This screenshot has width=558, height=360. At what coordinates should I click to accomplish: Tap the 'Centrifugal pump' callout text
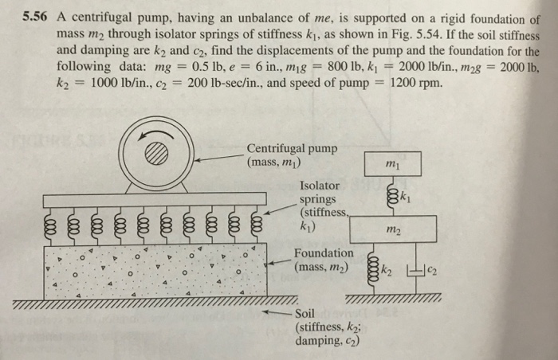tap(292, 149)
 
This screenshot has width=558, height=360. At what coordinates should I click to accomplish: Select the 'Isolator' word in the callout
tap(318, 185)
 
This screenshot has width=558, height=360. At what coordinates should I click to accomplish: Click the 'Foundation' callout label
tap(324, 253)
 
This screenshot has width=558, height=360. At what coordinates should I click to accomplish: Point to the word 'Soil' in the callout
tap(308, 312)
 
